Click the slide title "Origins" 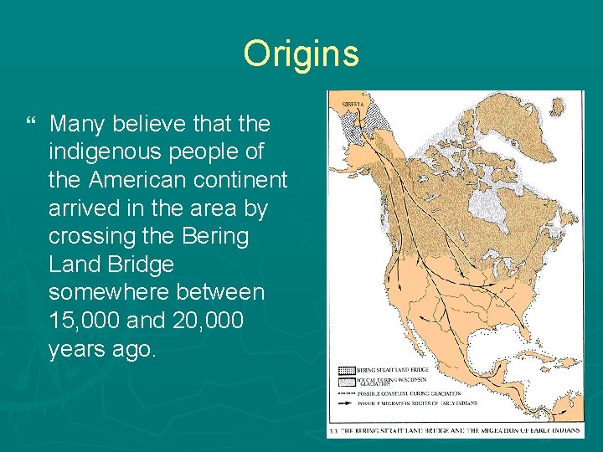301,54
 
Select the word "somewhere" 112,292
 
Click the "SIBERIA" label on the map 353,103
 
